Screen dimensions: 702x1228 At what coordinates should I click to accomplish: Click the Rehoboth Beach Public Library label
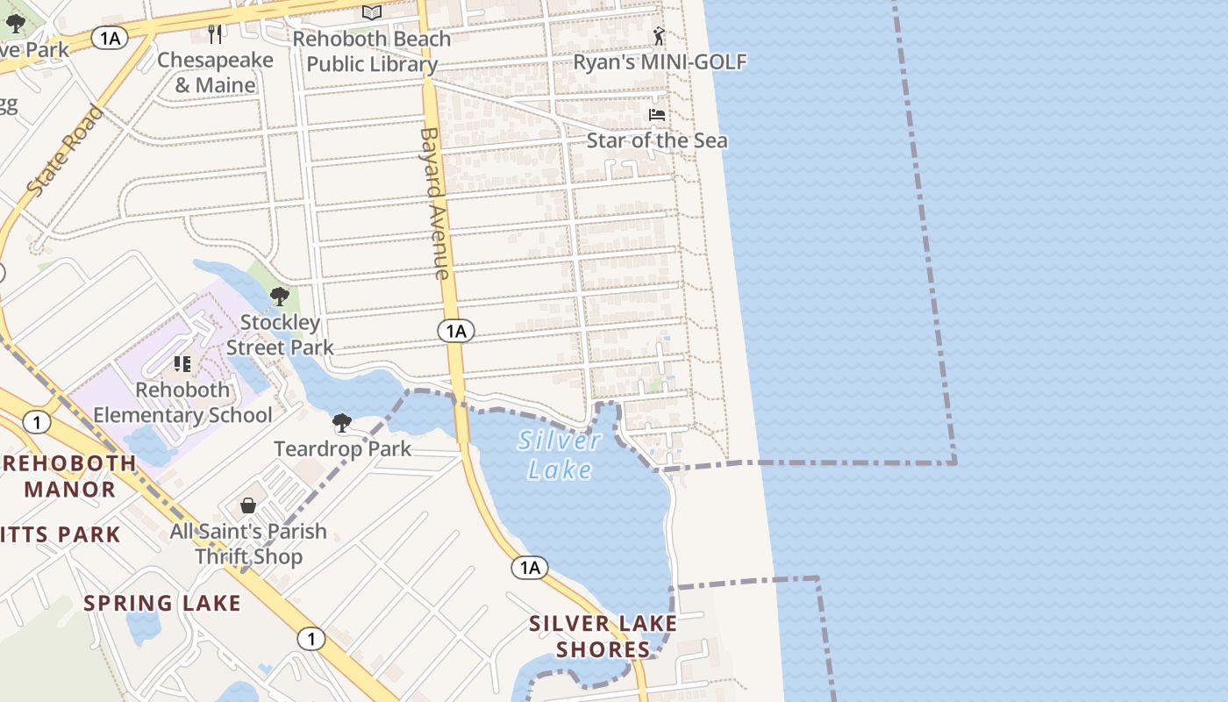[371, 52]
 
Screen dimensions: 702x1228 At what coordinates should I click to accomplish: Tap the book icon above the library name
[372, 12]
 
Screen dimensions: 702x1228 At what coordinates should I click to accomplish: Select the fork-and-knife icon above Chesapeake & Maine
[216, 33]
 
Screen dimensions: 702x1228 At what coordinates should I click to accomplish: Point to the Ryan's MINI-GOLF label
[660, 62]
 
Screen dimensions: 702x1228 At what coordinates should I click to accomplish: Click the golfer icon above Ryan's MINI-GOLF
[659, 36]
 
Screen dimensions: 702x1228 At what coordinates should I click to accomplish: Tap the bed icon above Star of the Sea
[656, 114]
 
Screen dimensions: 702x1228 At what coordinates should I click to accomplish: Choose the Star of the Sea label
[656, 140]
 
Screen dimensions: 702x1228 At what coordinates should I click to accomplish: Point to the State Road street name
[65, 151]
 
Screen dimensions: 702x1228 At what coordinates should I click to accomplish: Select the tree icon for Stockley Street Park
[280, 297]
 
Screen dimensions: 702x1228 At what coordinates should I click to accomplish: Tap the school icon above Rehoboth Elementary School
[182, 363]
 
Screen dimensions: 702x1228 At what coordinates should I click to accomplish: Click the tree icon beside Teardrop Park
[342, 424]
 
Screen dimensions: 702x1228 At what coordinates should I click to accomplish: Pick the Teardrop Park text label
[342, 449]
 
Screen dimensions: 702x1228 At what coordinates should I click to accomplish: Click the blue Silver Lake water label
[560, 455]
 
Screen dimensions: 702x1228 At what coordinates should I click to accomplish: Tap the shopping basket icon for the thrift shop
[248, 505]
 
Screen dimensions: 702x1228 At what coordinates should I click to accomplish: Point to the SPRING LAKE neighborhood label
[162, 603]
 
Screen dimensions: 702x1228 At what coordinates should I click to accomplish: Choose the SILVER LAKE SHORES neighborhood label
[603, 636]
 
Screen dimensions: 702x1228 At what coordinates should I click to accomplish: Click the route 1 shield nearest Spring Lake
[311, 638]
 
